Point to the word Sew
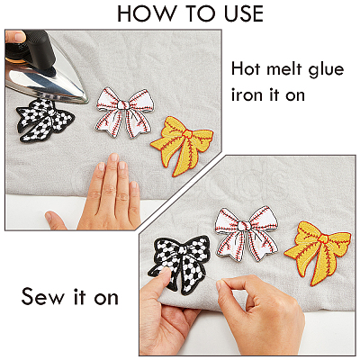(x=43, y=296)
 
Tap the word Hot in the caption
(x=246, y=69)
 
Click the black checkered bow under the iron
(x=45, y=121)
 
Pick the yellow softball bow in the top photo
(x=182, y=145)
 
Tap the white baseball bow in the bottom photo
(x=247, y=233)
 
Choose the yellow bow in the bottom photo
(x=318, y=251)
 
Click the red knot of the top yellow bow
(x=189, y=134)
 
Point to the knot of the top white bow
(x=123, y=104)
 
